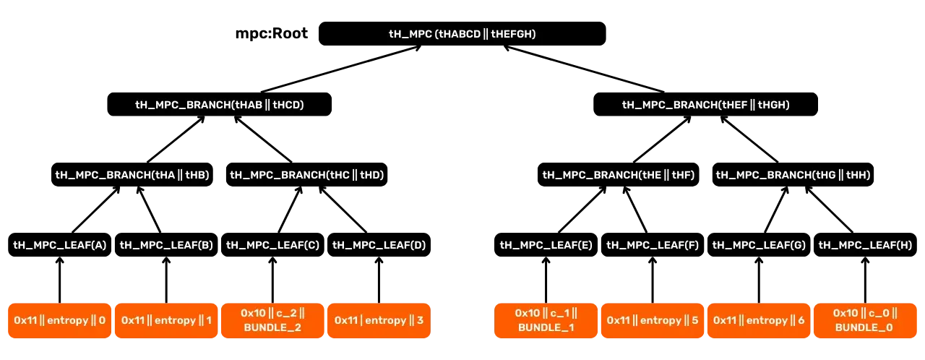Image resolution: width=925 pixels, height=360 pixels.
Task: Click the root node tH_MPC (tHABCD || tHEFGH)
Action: (x=462, y=34)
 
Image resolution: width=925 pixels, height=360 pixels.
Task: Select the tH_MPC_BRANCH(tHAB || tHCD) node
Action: (x=220, y=105)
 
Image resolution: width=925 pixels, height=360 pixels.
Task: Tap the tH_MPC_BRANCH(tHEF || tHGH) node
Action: (x=706, y=105)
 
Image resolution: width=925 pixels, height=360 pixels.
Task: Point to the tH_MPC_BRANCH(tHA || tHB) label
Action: (x=132, y=175)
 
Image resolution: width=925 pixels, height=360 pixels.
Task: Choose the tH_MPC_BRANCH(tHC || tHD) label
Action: (x=307, y=175)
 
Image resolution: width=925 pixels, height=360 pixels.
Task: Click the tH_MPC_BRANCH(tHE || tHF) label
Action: (x=619, y=175)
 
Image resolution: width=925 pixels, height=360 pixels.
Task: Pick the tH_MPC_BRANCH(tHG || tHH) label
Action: (x=793, y=175)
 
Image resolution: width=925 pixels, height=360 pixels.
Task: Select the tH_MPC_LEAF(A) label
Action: (x=60, y=245)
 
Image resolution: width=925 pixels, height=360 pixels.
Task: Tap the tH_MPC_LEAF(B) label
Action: (x=166, y=245)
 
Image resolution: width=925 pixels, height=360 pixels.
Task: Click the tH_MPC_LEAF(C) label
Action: (x=272, y=245)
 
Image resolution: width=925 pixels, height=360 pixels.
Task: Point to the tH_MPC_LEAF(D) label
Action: (x=379, y=245)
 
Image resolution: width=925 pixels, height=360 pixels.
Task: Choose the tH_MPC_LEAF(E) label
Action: (x=546, y=245)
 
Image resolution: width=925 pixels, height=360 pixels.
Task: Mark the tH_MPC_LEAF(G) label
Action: (x=759, y=245)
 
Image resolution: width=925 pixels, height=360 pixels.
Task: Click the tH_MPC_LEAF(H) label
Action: (x=866, y=245)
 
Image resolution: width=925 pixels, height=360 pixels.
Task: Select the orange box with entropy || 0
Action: (x=60, y=320)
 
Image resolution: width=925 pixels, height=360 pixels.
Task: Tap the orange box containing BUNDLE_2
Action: (x=272, y=320)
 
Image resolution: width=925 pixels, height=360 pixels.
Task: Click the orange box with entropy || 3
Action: (x=379, y=320)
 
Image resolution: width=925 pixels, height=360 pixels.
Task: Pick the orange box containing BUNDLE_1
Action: (x=546, y=320)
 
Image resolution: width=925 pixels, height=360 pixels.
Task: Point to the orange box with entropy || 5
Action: (x=653, y=320)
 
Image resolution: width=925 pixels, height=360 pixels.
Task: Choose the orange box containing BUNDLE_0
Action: (x=865, y=320)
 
